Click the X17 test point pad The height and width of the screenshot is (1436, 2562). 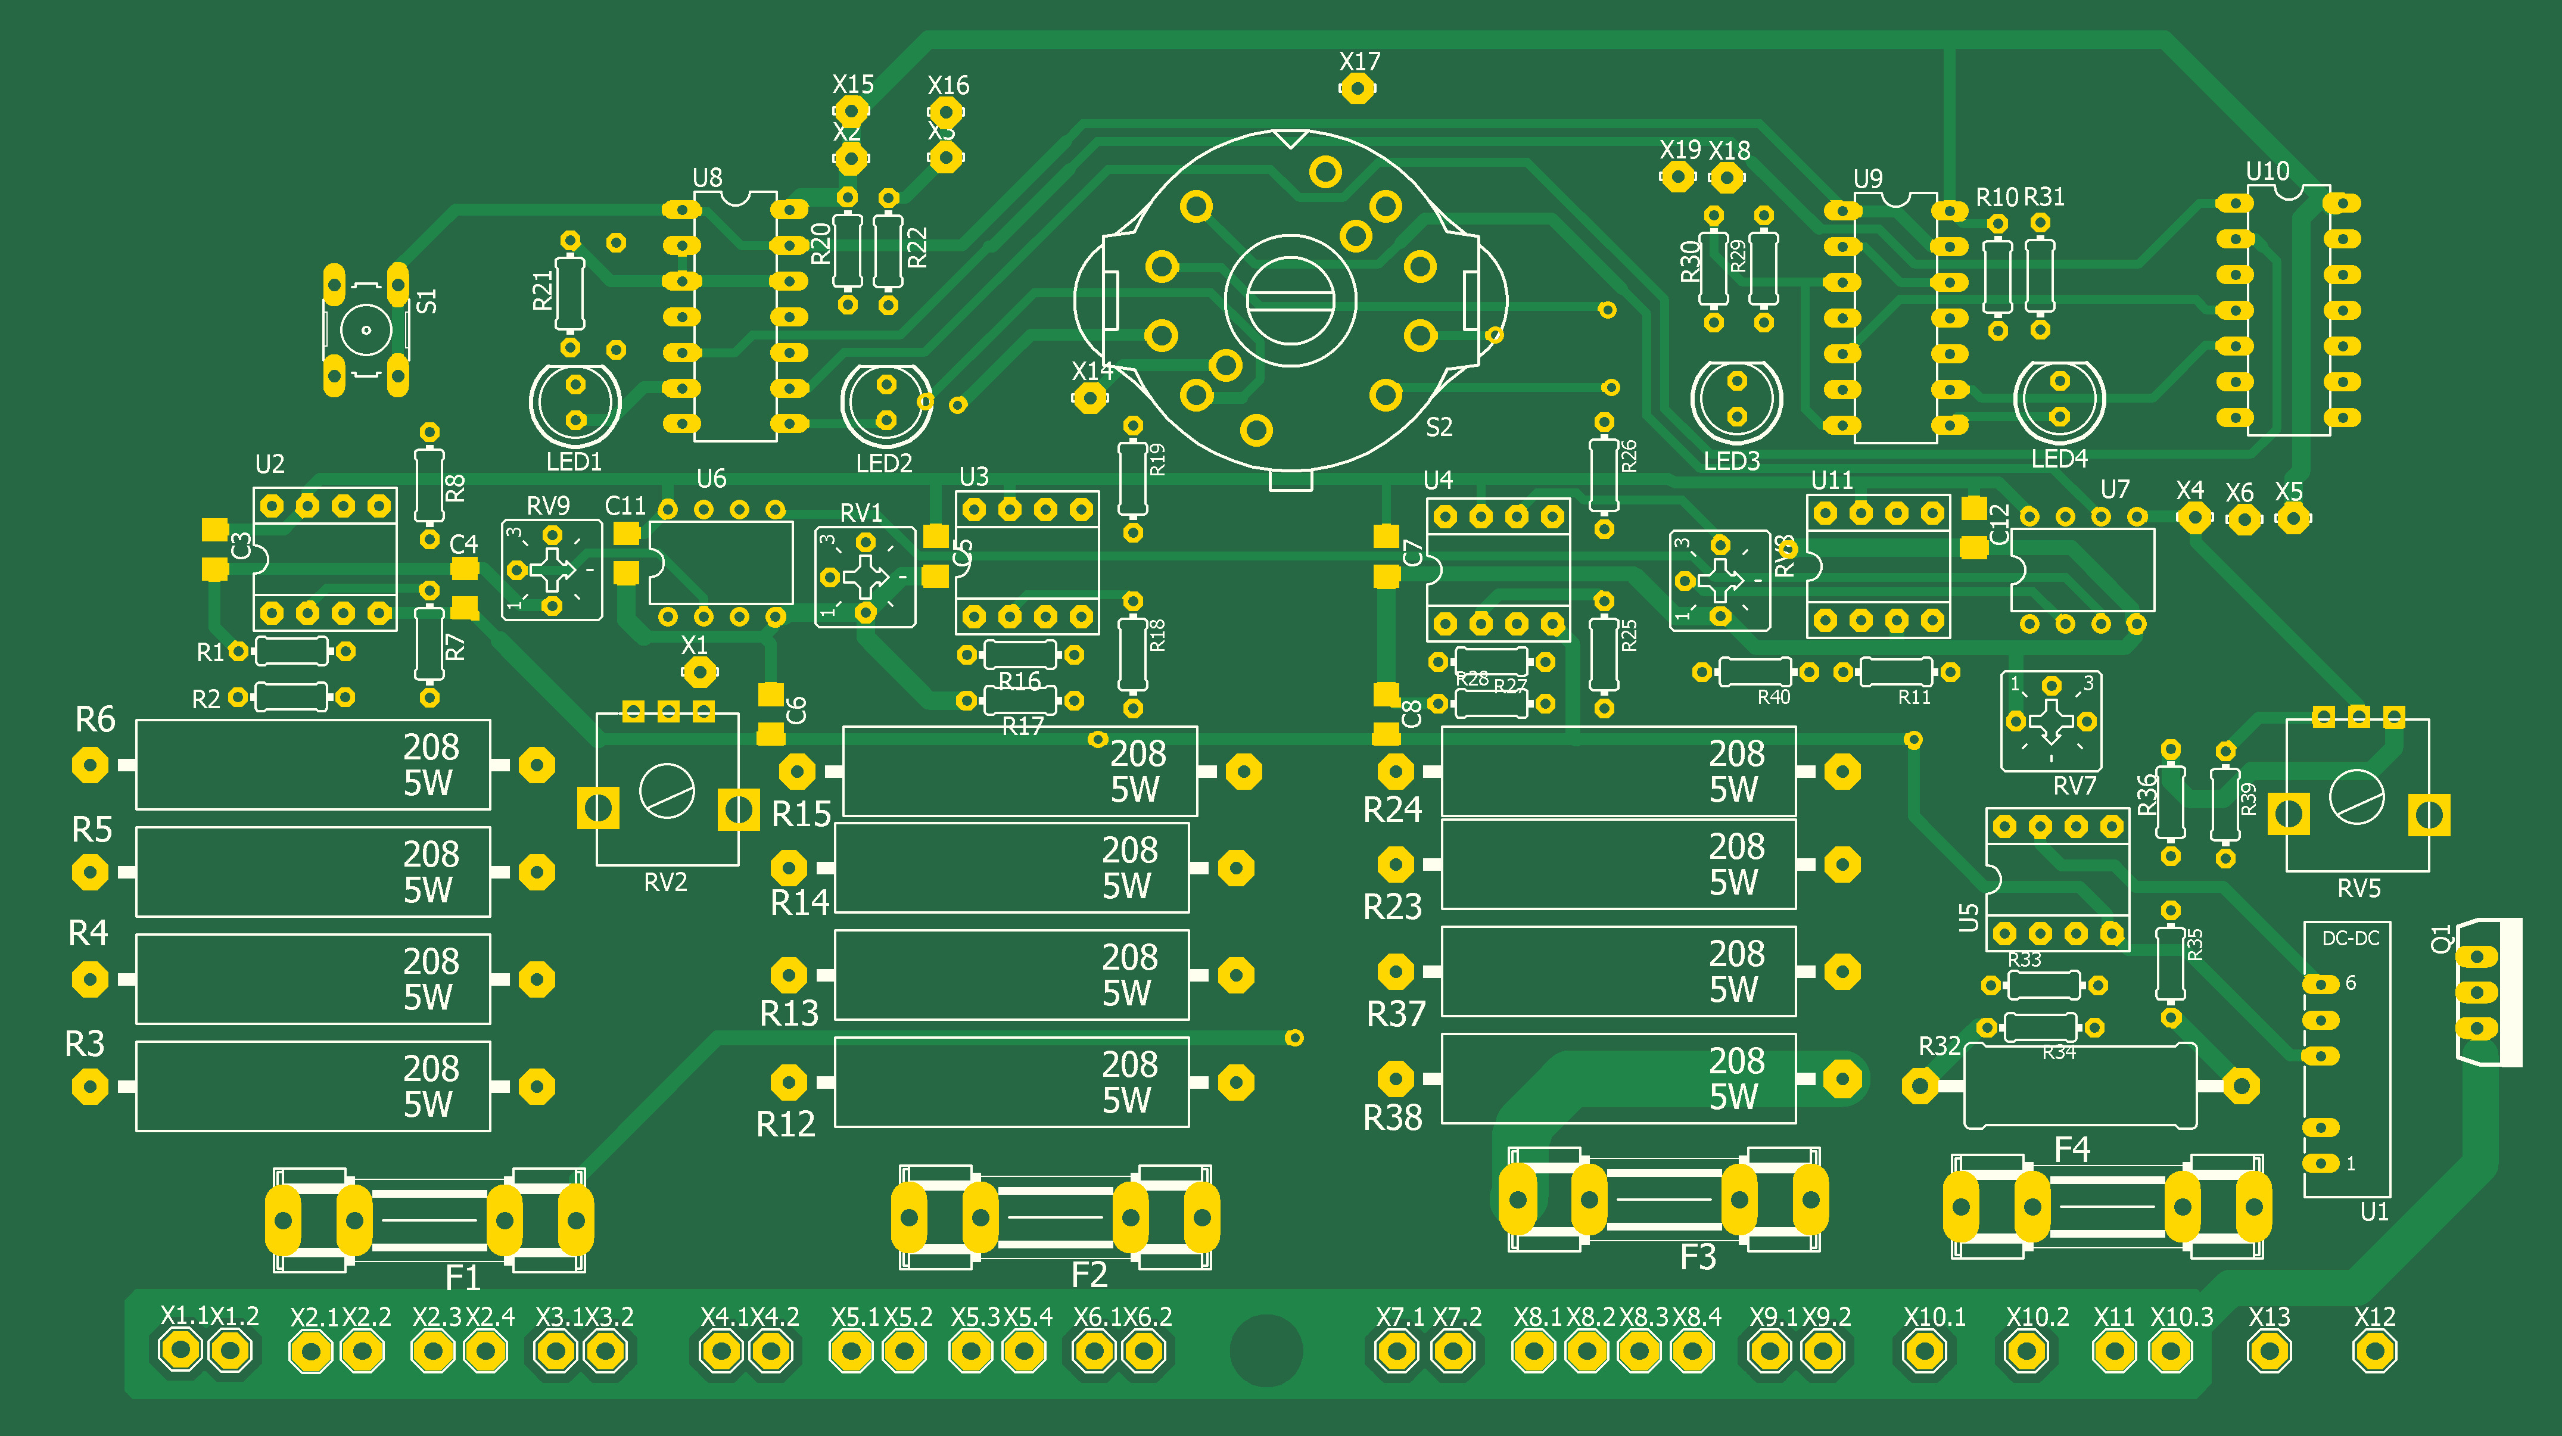tap(1356, 89)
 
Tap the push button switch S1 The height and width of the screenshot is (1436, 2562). tap(366, 330)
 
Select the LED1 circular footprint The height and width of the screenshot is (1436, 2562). tap(575, 403)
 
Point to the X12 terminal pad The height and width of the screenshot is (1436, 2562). tap(2374, 1350)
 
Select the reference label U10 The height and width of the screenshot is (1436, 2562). tap(2268, 171)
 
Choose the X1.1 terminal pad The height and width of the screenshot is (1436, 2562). tap(180, 1350)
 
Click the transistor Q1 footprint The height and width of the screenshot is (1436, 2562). tap(2486, 992)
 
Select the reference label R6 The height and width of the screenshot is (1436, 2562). tap(95, 719)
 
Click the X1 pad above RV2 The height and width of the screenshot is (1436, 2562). tap(699, 673)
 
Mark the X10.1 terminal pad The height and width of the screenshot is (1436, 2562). tap(1925, 1350)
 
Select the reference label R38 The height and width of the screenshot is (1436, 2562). tap(1393, 1119)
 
